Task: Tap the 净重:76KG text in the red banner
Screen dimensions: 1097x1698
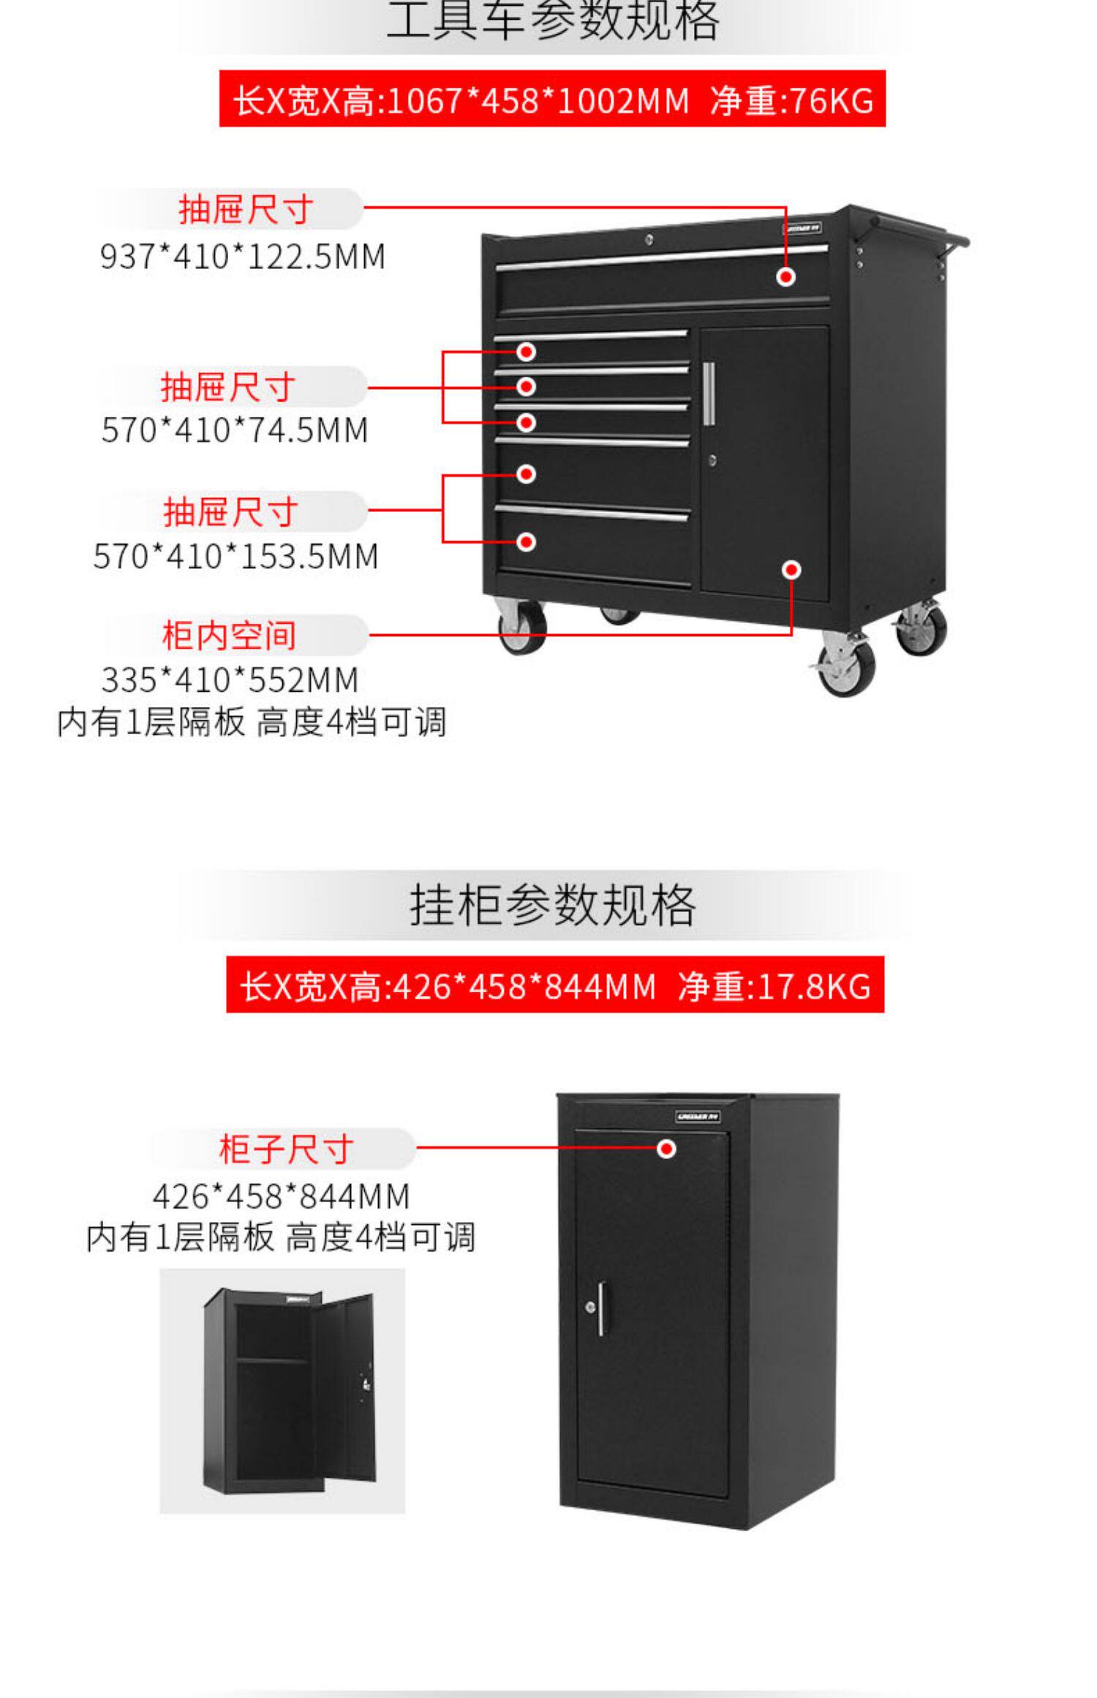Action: [792, 100]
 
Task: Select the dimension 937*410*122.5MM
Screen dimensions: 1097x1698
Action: [242, 257]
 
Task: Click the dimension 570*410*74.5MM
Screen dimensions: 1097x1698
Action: [234, 430]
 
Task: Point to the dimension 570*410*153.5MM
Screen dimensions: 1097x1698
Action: [235, 556]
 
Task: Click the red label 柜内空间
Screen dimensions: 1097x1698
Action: [229, 635]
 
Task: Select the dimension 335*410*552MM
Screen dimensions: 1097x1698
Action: [230, 680]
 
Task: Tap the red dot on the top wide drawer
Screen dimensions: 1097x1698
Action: [785, 277]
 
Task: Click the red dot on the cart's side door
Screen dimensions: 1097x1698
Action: [791, 570]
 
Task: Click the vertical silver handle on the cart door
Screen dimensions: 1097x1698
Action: [708, 393]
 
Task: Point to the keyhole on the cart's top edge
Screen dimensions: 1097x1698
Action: [649, 238]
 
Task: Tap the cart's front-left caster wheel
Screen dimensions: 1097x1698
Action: [522, 627]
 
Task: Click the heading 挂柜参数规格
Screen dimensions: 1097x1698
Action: [552, 905]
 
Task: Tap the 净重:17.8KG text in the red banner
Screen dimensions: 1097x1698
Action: [774, 986]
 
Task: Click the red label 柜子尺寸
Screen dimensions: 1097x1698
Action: [285, 1149]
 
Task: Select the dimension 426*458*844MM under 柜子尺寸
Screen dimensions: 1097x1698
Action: [281, 1197]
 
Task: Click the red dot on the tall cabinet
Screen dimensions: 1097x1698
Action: [666, 1149]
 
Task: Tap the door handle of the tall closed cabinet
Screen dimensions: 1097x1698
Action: [601, 1309]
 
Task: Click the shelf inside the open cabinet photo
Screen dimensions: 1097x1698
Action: [273, 1360]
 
